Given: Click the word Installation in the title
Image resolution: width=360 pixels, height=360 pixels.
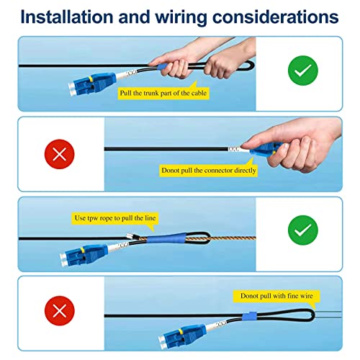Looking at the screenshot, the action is pyautogui.click(x=67, y=17).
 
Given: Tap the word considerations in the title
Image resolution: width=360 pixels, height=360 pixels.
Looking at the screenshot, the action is pyautogui.click(x=276, y=17).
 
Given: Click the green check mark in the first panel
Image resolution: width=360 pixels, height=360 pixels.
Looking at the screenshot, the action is pyautogui.click(x=303, y=71).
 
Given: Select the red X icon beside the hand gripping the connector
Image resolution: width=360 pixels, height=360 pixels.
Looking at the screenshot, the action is pyautogui.click(x=60, y=154).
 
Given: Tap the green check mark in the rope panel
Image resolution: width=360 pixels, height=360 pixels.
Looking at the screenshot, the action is pyautogui.click(x=303, y=230).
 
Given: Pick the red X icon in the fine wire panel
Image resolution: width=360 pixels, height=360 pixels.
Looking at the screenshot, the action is pyautogui.click(x=60, y=311).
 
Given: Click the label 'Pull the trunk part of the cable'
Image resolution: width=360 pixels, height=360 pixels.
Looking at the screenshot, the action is pyautogui.click(x=163, y=93).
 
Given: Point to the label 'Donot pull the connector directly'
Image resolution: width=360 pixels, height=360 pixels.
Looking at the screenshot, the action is pyautogui.click(x=209, y=171).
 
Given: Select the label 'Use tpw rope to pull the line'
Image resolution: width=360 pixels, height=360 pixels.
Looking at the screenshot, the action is pyautogui.click(x=115, y=218).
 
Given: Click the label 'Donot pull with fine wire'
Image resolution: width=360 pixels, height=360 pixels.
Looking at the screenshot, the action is pyautogui.click(x=276, y=296).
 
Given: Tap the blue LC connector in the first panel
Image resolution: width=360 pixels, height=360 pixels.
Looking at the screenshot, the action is pyautogui.click(x=91, y=84).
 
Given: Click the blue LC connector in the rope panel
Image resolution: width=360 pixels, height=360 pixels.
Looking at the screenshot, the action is pyautogui.click(x=84, y=255).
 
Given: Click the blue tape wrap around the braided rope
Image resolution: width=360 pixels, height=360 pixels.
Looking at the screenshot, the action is pyautogui.click(x=166, y=238).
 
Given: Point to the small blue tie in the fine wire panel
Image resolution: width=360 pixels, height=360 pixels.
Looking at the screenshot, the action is pyautogui.click(x=249, y=316).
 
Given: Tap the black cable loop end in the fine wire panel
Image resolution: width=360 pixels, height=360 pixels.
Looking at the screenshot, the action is pyautogui.click(x=312, y=315).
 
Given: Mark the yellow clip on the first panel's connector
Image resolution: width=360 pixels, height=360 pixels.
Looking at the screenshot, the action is pyautogui.click(x=91, y=79).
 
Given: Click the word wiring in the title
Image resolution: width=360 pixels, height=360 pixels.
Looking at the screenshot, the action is pyautogui.click(x=181, y=17).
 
